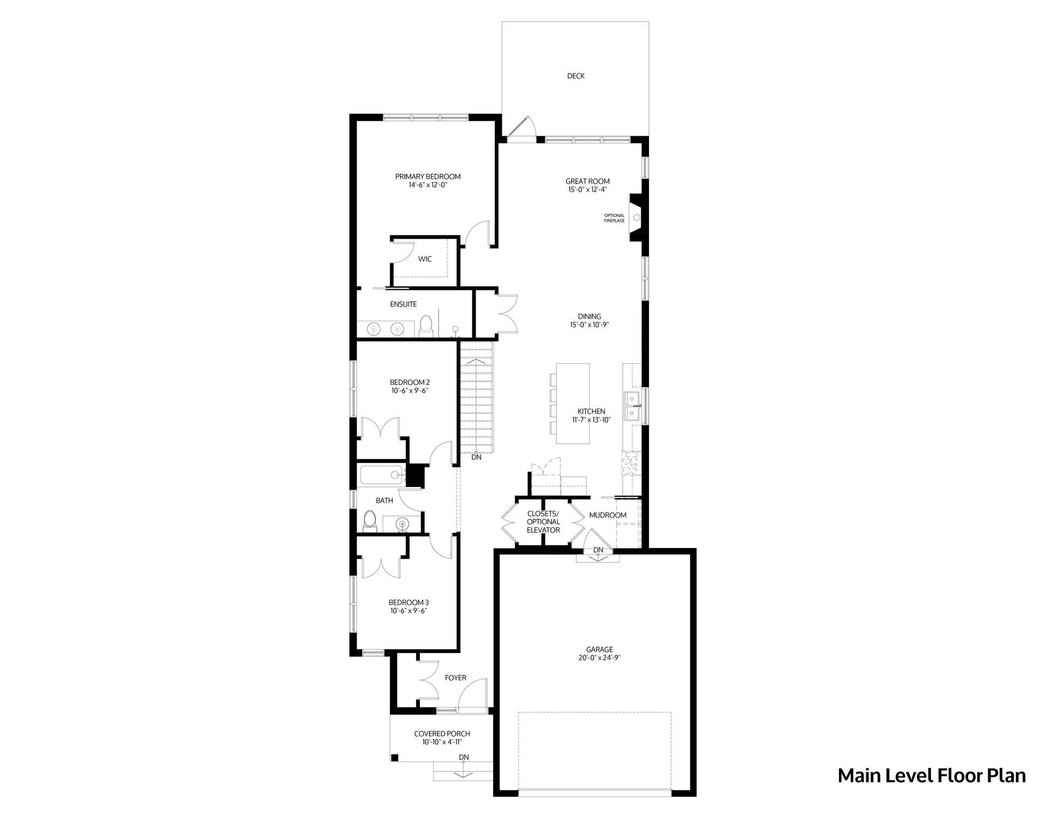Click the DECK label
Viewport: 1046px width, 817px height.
tap(575, 76)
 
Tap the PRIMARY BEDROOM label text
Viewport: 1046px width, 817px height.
tap(428, 176)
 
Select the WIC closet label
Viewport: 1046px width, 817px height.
tap(425, 259)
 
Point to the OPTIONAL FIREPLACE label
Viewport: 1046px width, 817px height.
tap(615, 218)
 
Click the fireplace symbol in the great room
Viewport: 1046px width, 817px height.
tap(636, 217)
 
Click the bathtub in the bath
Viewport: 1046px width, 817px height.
tap(381, 475)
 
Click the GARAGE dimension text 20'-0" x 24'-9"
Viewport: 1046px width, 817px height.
tap(599, 657)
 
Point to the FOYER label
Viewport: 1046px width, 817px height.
tap(455, 678)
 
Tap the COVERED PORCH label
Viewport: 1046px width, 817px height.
tap(442, 734)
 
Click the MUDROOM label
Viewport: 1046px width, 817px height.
tap(607, 515)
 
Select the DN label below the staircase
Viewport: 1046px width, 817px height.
tap(477, 458)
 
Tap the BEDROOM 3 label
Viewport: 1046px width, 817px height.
tap(409, 602)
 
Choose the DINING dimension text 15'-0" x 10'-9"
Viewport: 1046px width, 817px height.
tap(589, 325)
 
